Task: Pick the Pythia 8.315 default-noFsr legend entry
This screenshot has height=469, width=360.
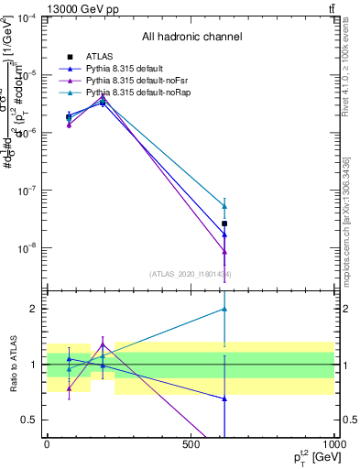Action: coord(130,81)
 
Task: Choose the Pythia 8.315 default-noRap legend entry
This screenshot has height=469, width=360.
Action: coord(132,93)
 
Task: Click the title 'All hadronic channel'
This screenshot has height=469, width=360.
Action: coord(191,37)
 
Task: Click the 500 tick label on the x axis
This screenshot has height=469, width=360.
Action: coord(191,444)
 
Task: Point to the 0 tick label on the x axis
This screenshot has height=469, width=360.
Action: coord(48,444)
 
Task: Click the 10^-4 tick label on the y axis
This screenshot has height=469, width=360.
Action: coord(27,17)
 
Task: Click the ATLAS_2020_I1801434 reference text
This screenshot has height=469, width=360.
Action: coord(191,274)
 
